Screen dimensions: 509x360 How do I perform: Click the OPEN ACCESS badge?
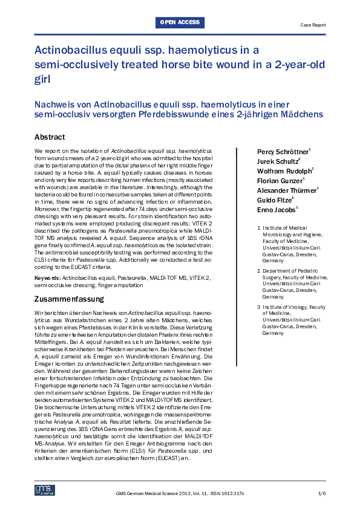180,22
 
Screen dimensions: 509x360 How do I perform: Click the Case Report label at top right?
313,25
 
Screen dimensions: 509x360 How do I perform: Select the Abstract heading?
50,137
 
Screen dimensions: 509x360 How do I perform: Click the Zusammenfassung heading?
69,299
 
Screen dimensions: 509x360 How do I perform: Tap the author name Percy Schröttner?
284,150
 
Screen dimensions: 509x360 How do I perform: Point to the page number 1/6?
321,494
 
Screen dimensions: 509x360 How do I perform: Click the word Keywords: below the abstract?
47,277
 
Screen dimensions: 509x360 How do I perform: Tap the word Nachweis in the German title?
54,103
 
